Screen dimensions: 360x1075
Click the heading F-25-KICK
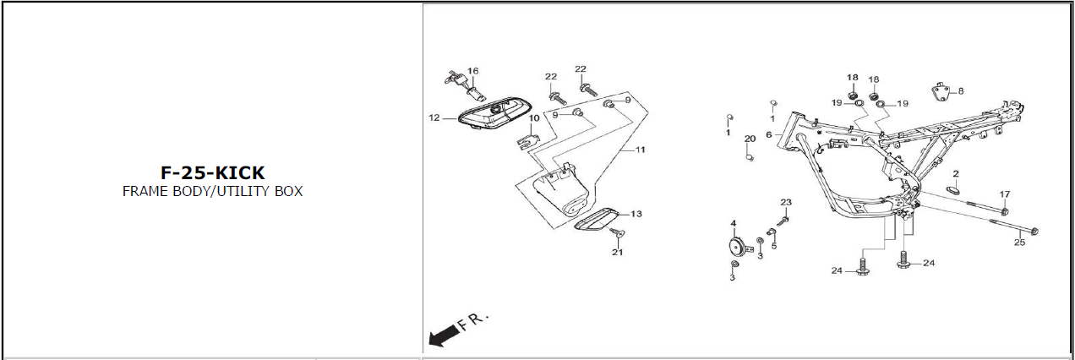(213, 173)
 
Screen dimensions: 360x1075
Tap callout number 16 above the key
(473, 71)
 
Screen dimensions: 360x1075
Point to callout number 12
(434, 118)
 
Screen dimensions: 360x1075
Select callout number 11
(641, 150)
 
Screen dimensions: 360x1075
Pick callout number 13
(636, 214)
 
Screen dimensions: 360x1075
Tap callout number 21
(618, 252)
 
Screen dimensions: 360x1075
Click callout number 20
(750, 139)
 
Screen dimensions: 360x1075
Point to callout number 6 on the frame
(769, 134)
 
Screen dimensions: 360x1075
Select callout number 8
(960, 90)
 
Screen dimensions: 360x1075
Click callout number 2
(956, 174)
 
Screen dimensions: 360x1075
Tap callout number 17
(1005, 195)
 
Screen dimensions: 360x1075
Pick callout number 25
(1019, 243)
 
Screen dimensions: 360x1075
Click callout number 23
(786, 203)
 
